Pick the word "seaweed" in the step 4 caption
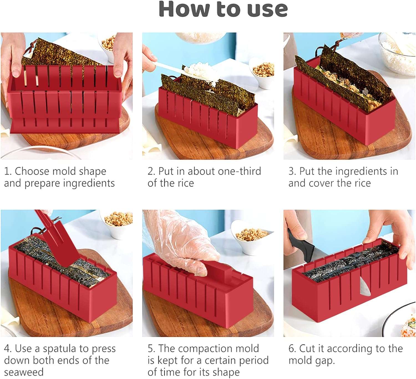point(24,373)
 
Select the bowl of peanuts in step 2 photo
point(262,73)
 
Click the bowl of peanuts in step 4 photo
point(116,224)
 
